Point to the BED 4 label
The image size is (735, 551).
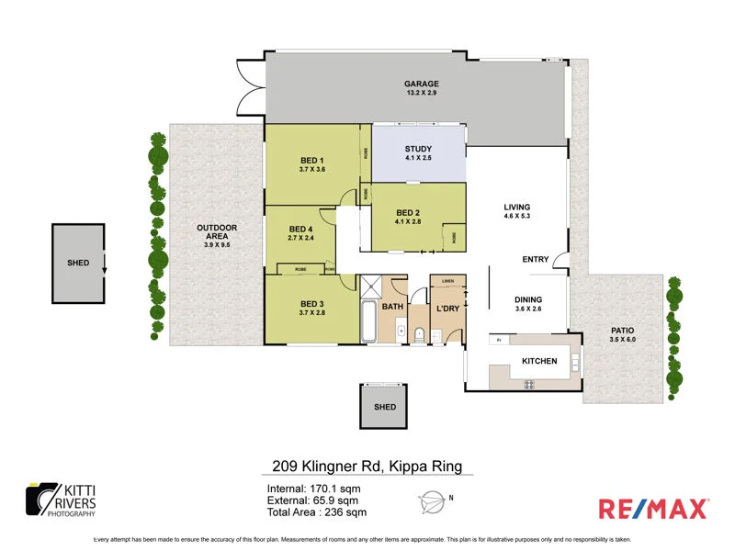tap(301, 229)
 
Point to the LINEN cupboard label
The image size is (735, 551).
tap(447, 281)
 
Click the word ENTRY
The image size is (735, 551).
tap(536, 260)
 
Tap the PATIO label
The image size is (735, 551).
tap(622, 330)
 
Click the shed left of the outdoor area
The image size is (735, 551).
tap(79, 263)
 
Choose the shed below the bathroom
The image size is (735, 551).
tap(384, 407)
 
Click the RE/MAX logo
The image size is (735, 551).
tap(653, 508)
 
